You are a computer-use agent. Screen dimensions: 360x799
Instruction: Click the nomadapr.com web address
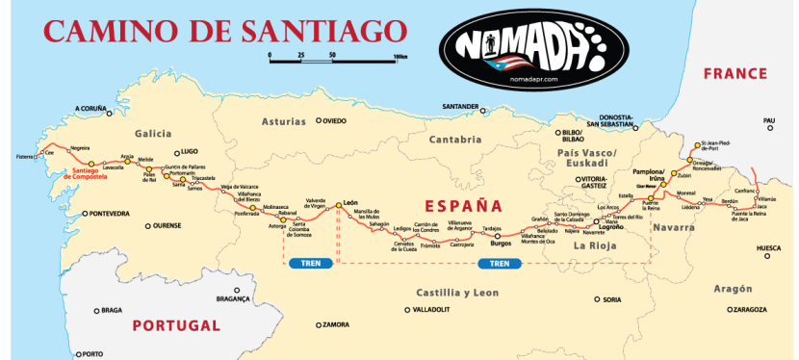[x=532, y=80]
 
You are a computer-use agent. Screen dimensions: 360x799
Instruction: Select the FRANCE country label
[x=734, y=74]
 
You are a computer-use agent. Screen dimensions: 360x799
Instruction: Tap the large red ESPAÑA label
[x=464, y=205]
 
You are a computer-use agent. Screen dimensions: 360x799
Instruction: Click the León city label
[x=349, y=204]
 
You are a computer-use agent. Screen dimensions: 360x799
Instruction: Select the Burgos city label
[x=501, y=243]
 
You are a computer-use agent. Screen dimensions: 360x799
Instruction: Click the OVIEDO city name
[x=333, y=121]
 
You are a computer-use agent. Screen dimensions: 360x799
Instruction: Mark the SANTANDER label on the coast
[x=459, y=106]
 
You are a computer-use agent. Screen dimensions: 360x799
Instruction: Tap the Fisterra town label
[x=24, y=156]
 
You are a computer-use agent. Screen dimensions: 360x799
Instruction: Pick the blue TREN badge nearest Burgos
[x=498, y=263]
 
